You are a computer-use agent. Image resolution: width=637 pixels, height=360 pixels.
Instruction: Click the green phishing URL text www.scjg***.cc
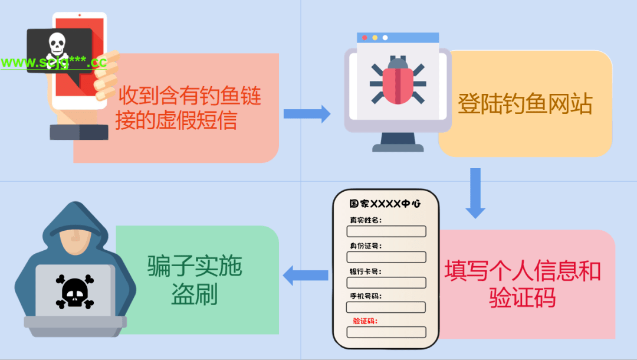click(53, 62)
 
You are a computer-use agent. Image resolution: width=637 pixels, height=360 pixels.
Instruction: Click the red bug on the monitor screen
click(398, 82)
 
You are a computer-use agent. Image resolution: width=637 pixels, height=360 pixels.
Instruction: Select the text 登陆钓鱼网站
click(525, 104)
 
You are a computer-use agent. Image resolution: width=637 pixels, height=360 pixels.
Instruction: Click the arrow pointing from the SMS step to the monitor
click(307, 114)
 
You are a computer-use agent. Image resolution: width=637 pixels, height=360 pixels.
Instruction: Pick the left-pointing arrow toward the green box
click(306, 275)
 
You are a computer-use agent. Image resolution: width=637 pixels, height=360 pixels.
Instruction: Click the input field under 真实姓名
click(386, 231)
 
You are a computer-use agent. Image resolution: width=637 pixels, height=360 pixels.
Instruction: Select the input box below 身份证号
click(386, 257)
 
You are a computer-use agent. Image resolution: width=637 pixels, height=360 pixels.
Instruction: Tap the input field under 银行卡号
click(386, 282)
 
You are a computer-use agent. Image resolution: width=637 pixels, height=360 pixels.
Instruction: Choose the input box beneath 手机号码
click(386, 307)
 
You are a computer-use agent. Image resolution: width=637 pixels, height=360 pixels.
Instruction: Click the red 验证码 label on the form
click(365, 321)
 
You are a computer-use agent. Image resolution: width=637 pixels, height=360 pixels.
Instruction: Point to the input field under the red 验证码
click(386, 332)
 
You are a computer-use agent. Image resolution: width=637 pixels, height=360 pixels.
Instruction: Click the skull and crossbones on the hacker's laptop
click(75, 291)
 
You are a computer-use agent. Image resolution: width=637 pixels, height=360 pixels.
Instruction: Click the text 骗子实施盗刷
click(195, 281)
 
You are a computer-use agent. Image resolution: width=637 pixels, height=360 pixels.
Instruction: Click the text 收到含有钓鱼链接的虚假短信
click(189, 107)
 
